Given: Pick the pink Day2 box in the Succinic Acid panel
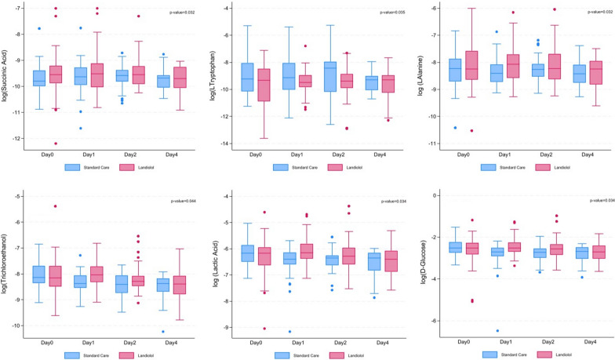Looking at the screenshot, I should click(x=138, y=74).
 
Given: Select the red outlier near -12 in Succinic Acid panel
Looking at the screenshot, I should click(x=56, y=144).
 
